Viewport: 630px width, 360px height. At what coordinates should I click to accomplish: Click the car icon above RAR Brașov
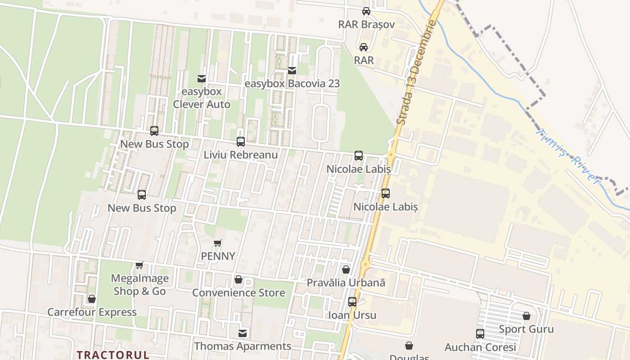[x=366, y=11]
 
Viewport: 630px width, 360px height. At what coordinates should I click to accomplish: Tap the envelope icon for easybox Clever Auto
[x=202, y=79]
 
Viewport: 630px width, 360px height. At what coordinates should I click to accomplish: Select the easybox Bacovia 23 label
[x=292, y=84]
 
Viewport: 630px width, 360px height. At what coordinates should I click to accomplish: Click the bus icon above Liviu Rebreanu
[x=241, y=142]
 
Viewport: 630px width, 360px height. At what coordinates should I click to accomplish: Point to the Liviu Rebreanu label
[x=241, y=155]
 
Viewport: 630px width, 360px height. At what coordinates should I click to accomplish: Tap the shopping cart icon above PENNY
[x=218, y=243]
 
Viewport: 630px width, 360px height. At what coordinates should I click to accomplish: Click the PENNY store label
[x=218, y=256]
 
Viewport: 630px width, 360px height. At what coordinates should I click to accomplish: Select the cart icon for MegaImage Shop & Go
[x=139, y=265]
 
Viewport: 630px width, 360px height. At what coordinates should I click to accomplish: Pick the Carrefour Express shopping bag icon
[x=92, y=299]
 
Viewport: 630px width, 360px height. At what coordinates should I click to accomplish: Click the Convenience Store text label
[x=238, y=293]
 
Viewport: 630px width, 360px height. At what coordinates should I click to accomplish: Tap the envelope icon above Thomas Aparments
[x=243, y=333]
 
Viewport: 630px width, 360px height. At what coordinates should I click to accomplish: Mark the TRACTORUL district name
[x=113, y=355]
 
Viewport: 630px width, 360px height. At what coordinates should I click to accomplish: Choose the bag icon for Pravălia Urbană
[x=346, y=270]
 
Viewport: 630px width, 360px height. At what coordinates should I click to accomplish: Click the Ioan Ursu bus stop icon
[x=352, y=302]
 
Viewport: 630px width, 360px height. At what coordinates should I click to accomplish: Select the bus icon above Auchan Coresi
[x=480, y=334]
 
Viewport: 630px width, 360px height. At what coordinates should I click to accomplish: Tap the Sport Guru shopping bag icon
[x=526, y=316]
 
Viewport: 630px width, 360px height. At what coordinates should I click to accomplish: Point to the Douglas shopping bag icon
[x=409, y=346]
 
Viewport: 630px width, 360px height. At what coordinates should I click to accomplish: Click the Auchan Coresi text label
[x=480, y=347]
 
